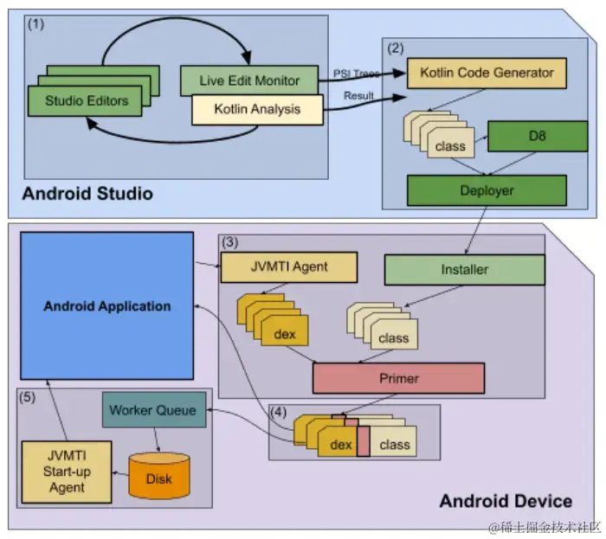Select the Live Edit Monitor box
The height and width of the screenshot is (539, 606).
click(x=251, y=80)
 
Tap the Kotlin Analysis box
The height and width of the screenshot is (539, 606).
click(x=257, y=109)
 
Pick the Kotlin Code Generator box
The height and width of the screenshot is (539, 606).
click(x=487, y=73)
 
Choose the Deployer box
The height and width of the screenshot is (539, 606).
click(x=486, y=189)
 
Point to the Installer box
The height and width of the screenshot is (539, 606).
click(x=464, y=269)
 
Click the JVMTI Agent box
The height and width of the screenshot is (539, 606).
click(x=288, y=266)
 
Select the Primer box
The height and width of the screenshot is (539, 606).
click(x=398, y=377)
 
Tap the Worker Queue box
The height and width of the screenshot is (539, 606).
click(x=154, y=409)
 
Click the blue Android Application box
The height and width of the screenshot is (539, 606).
click(x=106, y=305)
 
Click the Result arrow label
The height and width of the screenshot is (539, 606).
click(x=358, y=94)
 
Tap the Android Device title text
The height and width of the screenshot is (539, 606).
click(x=505, y=500)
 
